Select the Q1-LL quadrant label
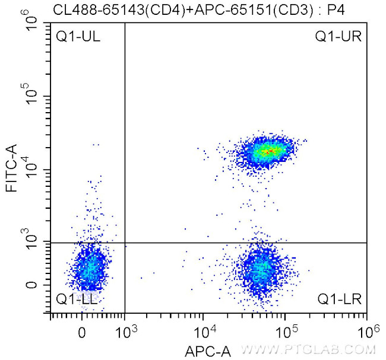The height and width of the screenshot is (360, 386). (77, 299)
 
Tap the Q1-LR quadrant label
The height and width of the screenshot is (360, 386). (338, 299)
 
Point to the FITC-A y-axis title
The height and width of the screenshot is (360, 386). (10, 170)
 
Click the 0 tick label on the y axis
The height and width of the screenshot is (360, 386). (33, 285)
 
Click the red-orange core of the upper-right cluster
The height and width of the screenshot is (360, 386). (268, 151)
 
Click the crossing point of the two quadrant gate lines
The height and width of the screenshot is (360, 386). (125, 243)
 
